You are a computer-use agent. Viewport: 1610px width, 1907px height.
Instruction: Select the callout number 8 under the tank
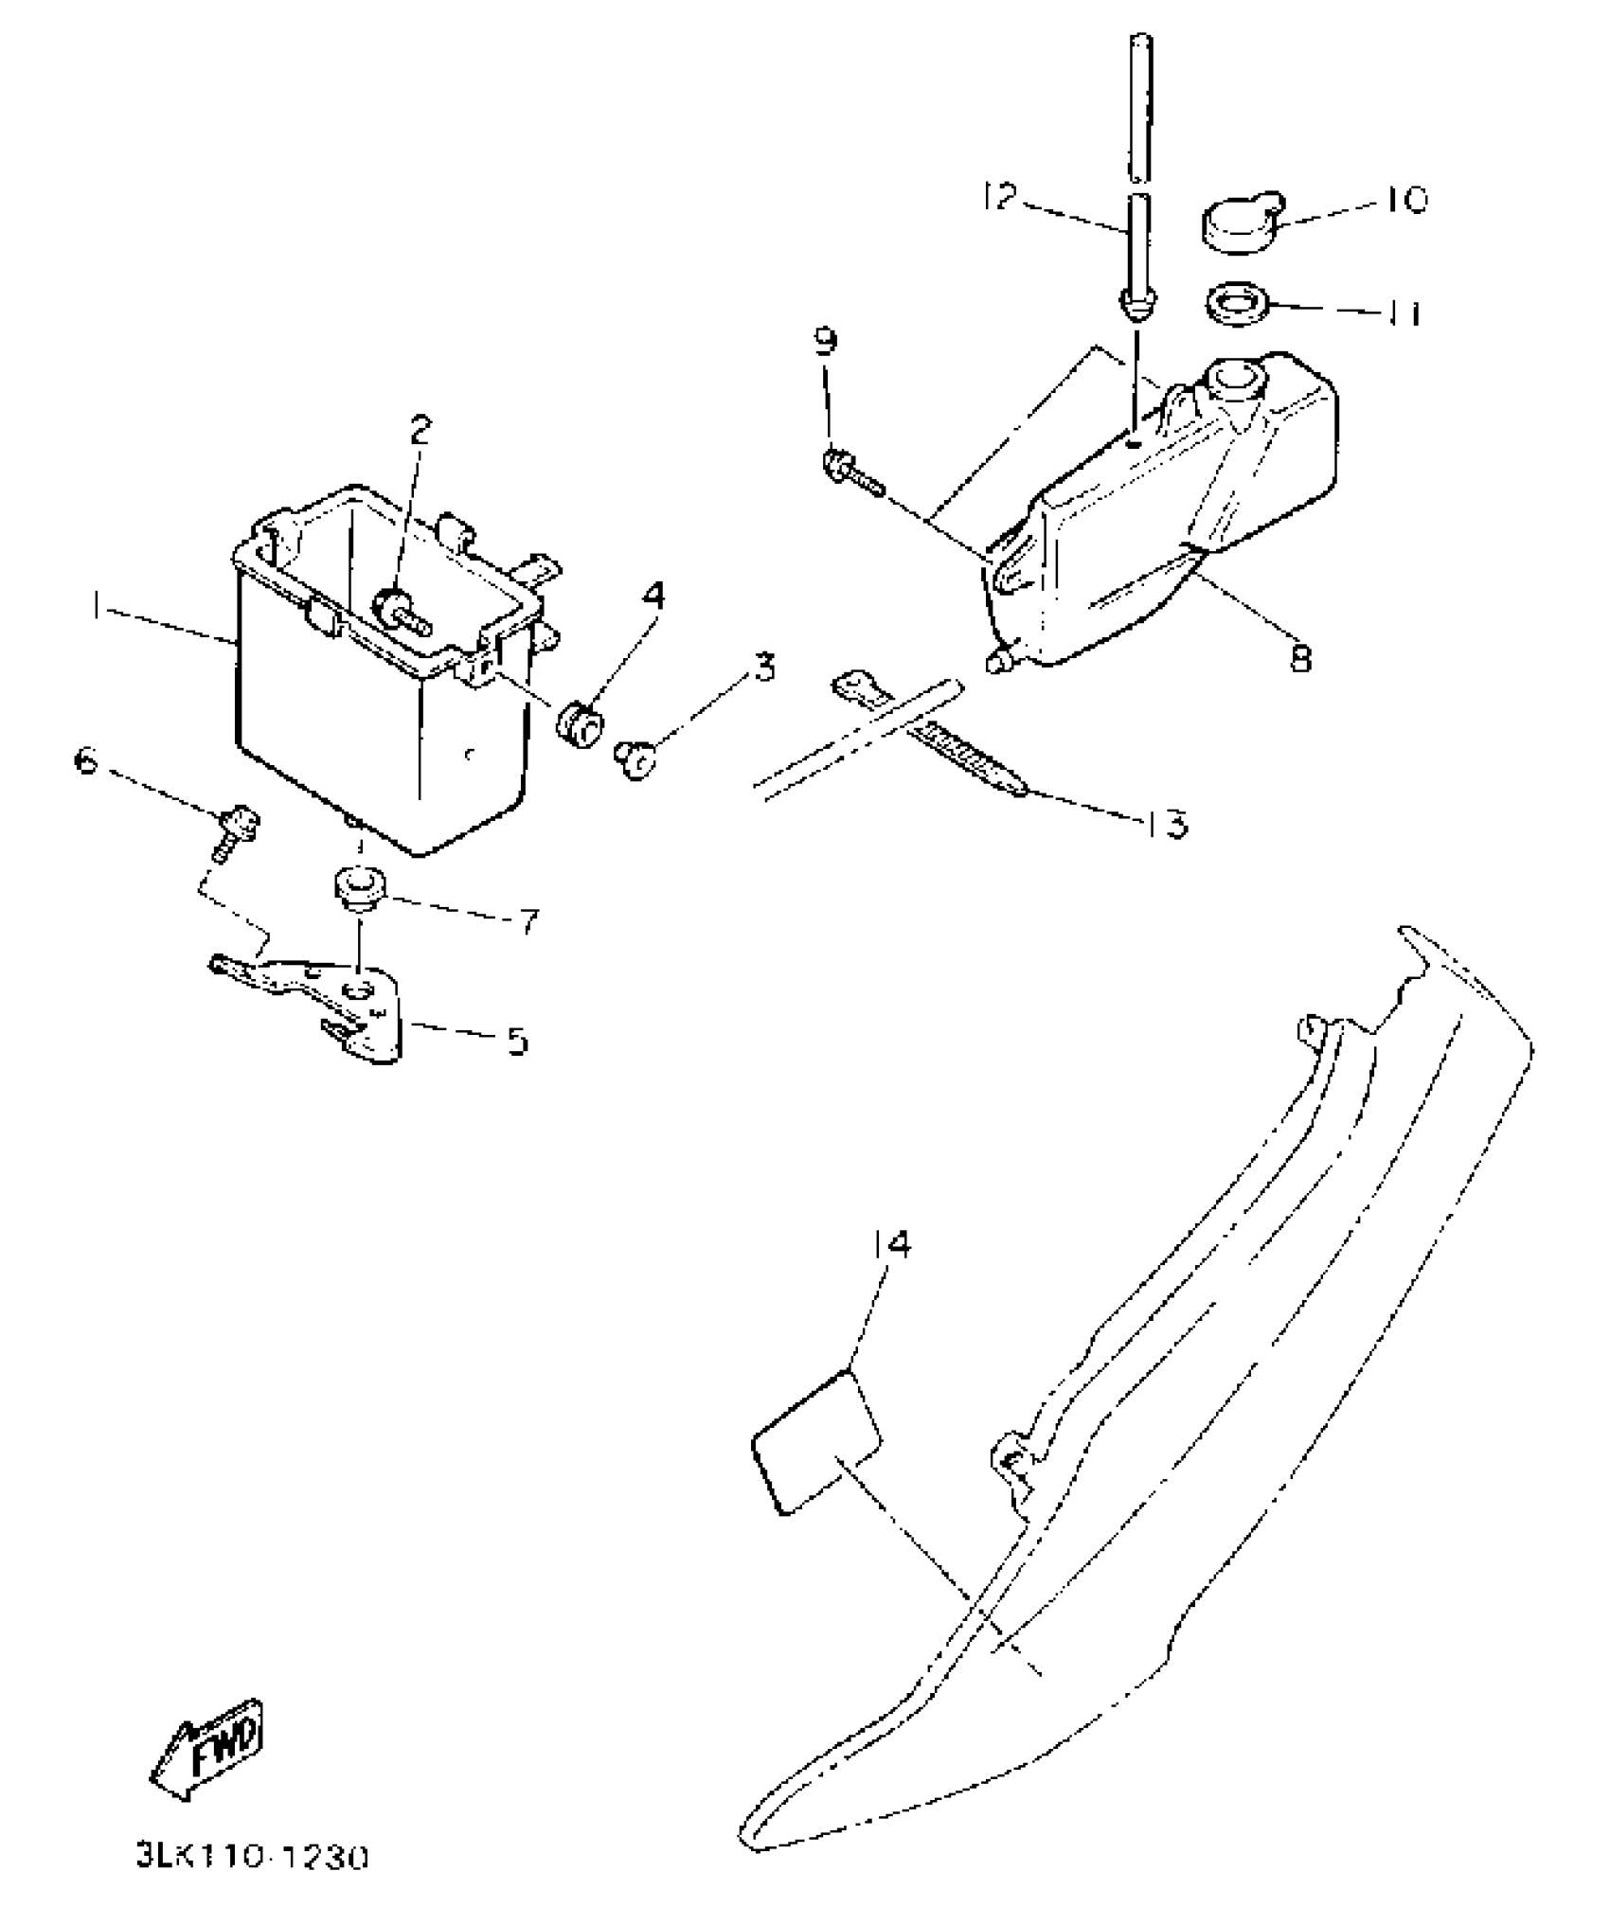coord(1302,657)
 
